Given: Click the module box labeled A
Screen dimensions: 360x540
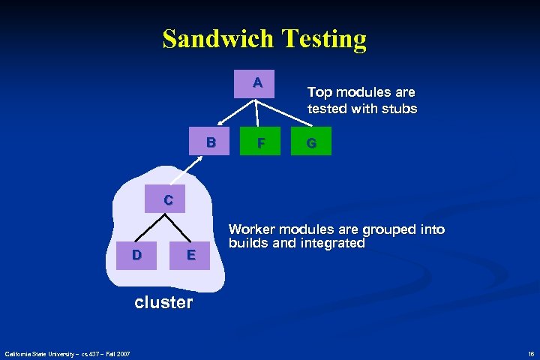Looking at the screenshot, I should pyautogui.click(x=257, y=83).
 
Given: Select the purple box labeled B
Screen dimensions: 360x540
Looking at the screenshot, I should pyautogui.click(x=211, y=141).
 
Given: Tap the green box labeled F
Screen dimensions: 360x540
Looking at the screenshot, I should pyautogui.click(x=259, y=141).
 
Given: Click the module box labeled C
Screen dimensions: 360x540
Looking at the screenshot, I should pyautogui.click(x=168, y=199).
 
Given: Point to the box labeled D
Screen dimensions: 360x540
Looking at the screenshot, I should pyautogui.click(x=136, y=254).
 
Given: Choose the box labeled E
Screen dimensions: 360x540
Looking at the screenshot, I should pyautogui.click(x=191, y=255).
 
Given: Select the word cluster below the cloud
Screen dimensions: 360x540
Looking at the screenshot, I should pyautogui.click(x=163, y=302).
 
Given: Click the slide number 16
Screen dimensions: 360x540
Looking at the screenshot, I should pyautogui.click(x=530, y=353).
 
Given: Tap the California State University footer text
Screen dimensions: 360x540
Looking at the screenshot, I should pyautogui.click(x=67, y=353).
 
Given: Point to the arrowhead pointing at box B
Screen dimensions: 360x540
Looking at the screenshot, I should pyautogui.click(x=220, y=125).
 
